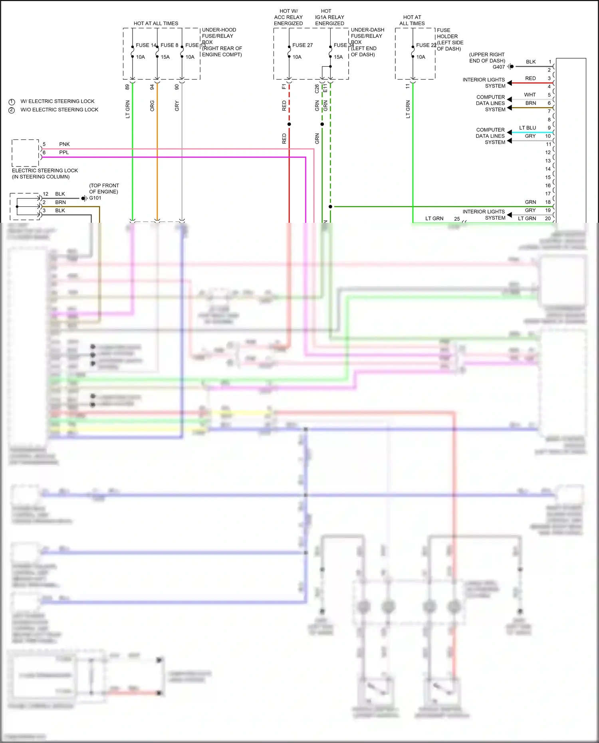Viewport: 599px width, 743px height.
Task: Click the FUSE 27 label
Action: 302,45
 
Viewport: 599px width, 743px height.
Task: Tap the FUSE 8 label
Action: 169,45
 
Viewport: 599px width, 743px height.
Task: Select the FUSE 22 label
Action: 426,45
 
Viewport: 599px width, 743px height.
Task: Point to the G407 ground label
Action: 498,67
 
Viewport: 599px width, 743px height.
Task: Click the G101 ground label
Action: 95,198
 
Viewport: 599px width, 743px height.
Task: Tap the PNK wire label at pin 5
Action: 64,144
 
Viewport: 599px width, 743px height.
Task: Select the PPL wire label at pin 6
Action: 64,153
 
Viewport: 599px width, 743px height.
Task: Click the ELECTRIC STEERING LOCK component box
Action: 25,153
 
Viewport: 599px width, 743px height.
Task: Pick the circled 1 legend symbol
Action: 12,102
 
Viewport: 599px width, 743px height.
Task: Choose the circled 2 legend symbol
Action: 12,110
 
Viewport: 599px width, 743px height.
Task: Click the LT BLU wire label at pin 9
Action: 527,128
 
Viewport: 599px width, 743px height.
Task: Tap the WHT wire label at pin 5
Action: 530,95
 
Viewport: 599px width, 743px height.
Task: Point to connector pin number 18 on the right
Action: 548,202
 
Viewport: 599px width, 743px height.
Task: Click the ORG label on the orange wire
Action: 152,106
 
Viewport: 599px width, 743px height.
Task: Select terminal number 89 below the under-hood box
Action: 127,87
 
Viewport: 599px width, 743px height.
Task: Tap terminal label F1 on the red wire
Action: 284,86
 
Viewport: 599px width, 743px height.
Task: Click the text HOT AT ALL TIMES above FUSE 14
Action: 156,24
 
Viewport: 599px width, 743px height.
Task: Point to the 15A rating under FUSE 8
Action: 165,57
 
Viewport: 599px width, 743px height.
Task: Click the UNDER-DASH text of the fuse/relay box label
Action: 367,30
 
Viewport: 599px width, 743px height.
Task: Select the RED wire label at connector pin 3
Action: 530,78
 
